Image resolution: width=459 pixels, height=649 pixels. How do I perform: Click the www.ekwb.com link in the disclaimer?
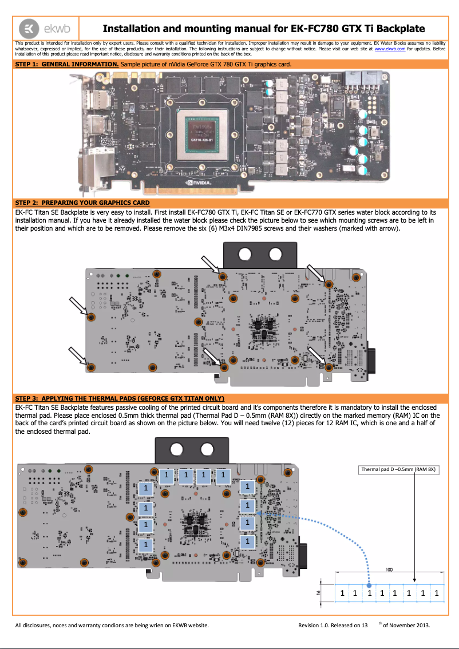coord(390,50)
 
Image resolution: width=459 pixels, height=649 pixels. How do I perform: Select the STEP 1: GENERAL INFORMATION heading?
coord(67,65)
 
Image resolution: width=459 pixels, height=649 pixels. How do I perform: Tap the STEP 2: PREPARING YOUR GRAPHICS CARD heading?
coord(82,203)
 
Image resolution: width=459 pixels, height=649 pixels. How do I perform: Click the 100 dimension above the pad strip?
coord(389,570)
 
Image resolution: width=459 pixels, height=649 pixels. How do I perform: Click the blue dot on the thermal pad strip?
coord(369,585)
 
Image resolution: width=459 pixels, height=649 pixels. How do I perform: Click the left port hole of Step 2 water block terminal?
coord(245,254)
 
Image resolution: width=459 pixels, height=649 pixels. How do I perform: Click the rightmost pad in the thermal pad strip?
coord(437,593)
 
